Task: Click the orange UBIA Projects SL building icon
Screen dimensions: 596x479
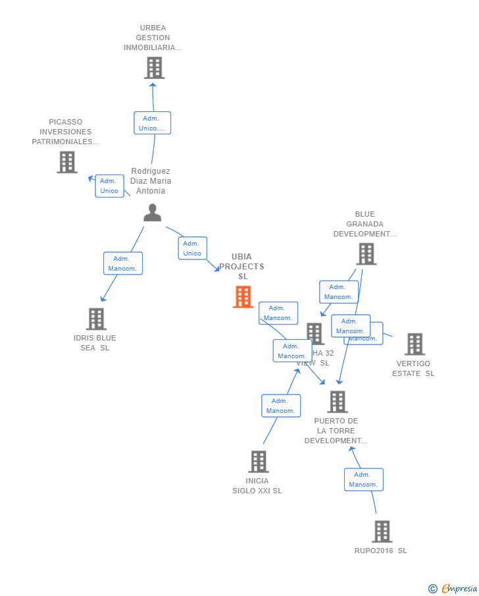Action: tap(243, 297)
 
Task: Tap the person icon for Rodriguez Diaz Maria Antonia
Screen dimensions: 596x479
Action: tap(152, 213)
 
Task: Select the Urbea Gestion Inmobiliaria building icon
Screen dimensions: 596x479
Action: tap(153, 68)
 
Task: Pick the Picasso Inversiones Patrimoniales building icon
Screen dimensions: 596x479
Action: tap(66, 162)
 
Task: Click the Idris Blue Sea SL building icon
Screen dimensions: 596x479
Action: tap(96, 319)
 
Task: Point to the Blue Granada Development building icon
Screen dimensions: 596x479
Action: tap(366, 254)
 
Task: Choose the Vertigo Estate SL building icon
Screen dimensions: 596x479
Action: tap(415, 344)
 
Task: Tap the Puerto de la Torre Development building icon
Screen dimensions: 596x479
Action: tap(337, 402)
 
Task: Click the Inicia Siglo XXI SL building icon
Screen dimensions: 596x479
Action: tap(259, 462)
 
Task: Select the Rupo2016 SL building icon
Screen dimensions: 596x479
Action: tap(382, 531)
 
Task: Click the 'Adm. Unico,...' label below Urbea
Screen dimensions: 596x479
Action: tap(153, 123)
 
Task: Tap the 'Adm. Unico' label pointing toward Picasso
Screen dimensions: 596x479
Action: tap(109, 186)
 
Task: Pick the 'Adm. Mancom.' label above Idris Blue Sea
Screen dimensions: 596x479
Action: tap(123, 263)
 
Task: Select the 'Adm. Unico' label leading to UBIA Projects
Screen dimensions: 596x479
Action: tap(192, 248)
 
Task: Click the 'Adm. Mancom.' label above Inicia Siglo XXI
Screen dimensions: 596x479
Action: tap(281, 406)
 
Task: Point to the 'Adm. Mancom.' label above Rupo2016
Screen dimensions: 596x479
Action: tap(363, 479)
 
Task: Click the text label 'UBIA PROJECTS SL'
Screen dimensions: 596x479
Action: tap(241, 267)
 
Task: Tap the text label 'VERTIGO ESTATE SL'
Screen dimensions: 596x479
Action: tap(413, 368)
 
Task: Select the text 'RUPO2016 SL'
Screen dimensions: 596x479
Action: tap(380, 551)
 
